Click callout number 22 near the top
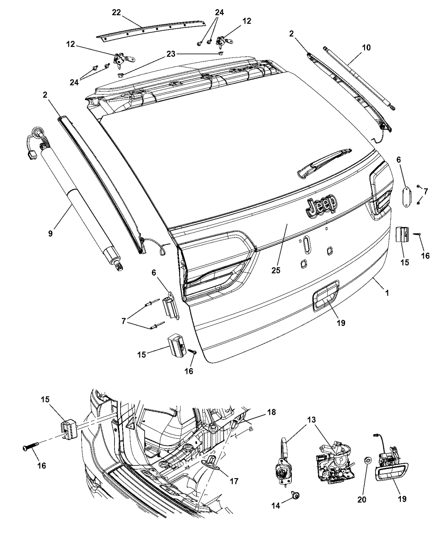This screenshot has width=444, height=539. tap(116, 13)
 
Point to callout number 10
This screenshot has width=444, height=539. tap(366, 48)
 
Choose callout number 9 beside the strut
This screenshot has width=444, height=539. tap(50, 233)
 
